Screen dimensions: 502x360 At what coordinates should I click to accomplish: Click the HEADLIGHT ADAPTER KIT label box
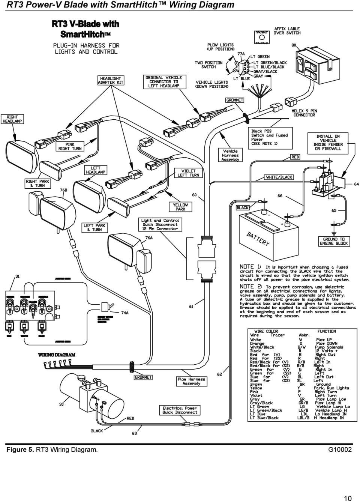click(x=111, y=80)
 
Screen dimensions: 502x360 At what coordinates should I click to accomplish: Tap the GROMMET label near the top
click(x=235, y=100)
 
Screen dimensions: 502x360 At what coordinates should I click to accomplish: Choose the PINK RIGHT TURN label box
click(x=70, y=146)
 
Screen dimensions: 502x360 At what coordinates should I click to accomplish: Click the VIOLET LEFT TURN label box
click(x=188, y=173)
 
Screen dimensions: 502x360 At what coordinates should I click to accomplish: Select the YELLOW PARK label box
click(x=180, y=207)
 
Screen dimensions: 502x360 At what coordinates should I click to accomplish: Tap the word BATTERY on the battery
click(x=258, y=239)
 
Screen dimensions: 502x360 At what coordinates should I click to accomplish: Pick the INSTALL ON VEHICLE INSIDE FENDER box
click(x=329, y=143)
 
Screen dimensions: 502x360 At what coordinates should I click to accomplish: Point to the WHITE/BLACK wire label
click(x=279, y=177)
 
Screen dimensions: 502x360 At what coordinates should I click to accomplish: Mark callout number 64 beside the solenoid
click(x=356, y=184)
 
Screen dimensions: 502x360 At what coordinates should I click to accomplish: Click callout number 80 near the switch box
click(x=294, y=45)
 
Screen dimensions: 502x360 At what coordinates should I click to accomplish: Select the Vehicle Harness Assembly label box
click(x=230, y=155)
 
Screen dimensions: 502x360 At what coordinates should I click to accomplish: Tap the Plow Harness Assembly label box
click(x=191, y=381)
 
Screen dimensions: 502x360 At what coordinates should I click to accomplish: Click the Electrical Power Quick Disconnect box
click(x=180, y=410)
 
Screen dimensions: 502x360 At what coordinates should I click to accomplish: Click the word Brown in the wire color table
click(x=256, y=384)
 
